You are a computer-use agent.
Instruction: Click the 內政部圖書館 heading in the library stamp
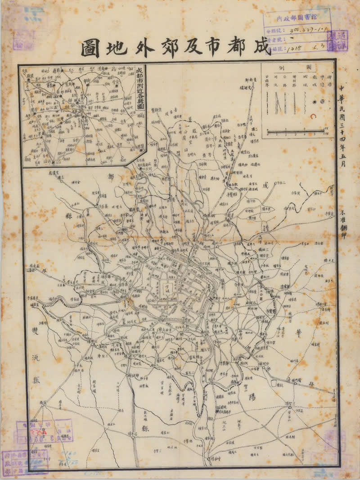pyautogui.click(x=297, y=19)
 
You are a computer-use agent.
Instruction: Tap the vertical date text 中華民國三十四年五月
pyautogui.click(x=343, y=126)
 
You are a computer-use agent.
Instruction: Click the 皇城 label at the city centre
pyautogui.click(x=167, y=286)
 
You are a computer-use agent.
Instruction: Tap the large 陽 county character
pyautogui.click(x=252, y=397)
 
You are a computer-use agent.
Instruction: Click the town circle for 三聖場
pyautogui.click(x=290, y=408)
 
